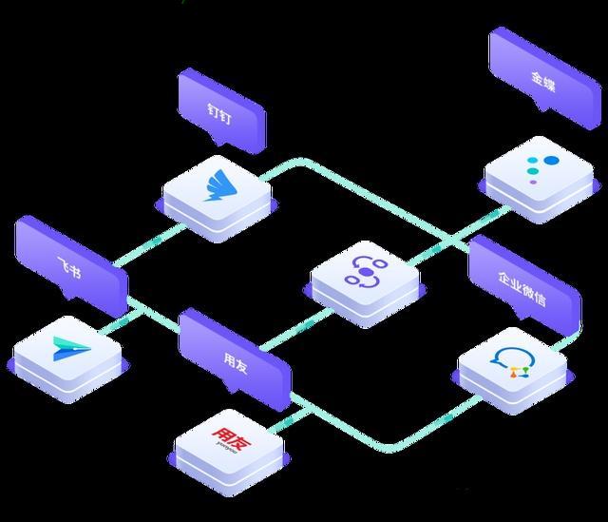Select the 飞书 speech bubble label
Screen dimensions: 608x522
(69, 267)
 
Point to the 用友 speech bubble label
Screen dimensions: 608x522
(236, 362)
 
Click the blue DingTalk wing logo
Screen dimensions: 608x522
(220, 186)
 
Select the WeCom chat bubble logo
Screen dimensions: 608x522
(512, 363)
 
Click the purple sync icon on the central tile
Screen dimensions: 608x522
(366, 273)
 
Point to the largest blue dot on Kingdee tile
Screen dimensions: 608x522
(551, 161)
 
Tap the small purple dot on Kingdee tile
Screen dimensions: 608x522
(534, 182)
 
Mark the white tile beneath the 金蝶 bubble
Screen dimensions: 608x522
(539, 179)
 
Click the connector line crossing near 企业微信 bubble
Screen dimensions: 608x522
(452, 238)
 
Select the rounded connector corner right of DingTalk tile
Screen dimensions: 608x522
(302, 163)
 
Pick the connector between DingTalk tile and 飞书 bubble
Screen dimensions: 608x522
(149, 244)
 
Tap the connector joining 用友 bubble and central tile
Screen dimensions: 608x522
(296, 329)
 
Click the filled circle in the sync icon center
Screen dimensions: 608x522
(366, 273)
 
